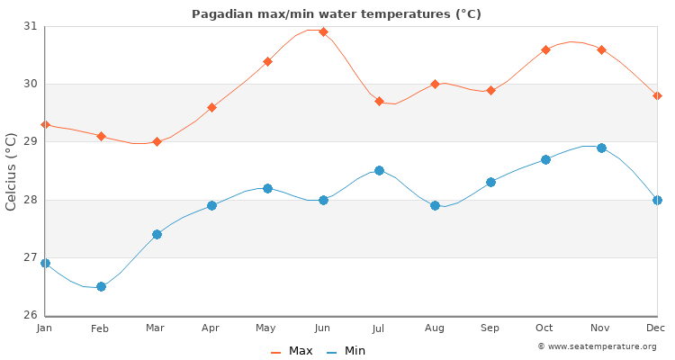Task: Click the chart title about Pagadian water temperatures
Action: click(x=336, y=14)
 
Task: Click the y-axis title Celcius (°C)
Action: click(x=12, y=171)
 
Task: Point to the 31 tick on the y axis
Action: click(x=31, y=26)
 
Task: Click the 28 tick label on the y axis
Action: click(x=31, y=200)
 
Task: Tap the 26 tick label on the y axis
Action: click(x=31, y=315)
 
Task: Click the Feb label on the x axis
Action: click(x=100, y=329)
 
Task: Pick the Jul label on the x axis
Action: click(x=379, y=329)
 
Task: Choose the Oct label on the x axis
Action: click(x=545, y=329)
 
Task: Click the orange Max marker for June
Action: click(x=323, y=31)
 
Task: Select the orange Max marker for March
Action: click(x=157, y=141)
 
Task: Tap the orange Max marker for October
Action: click(x=545, y=49)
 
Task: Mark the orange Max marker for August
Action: click(x=435, y=84)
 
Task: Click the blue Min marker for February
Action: click(x=101, y=286)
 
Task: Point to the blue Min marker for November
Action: click(x=601, y=148)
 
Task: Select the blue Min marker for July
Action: click(x=379, y=170)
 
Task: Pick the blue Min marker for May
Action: click(x=267, y=188)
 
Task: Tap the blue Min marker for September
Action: click(x=490, y=182)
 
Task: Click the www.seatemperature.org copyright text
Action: click(x=597, y=346)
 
